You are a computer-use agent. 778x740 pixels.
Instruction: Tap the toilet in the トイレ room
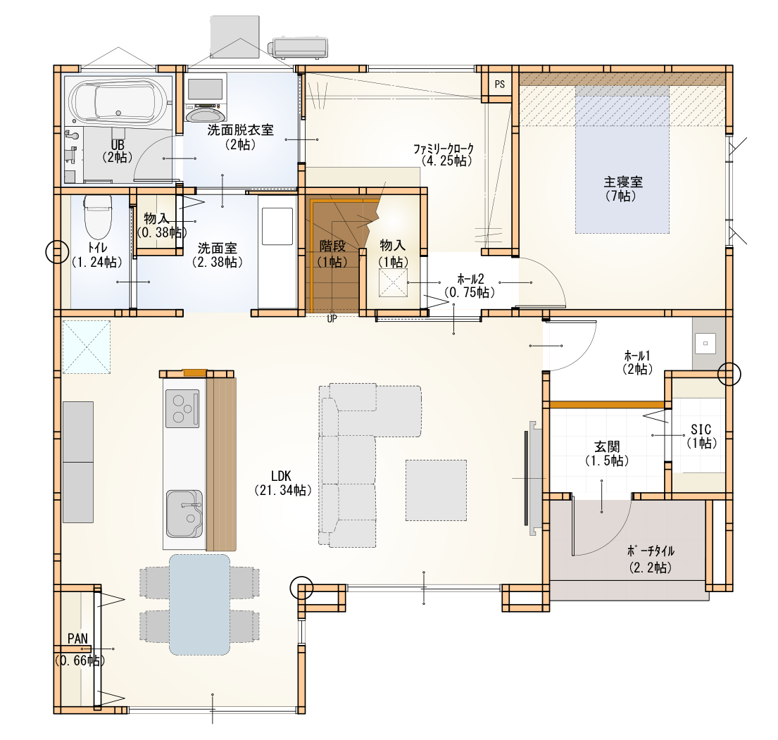98,218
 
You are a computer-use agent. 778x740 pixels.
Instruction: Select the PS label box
500,84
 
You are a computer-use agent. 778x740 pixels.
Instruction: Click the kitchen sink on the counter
184,514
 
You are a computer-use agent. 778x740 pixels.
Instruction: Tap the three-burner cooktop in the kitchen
182,408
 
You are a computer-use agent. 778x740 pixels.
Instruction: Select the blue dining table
199,605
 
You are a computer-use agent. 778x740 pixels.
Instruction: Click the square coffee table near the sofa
436,490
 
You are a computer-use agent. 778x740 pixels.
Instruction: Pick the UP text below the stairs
332,319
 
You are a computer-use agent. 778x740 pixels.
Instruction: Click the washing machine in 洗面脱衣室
204,98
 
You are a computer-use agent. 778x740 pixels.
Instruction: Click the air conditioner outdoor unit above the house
298,48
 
